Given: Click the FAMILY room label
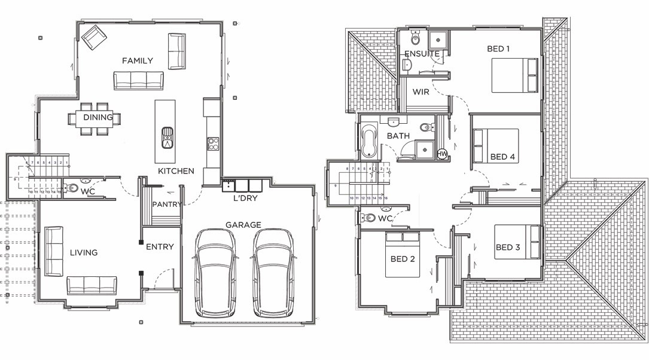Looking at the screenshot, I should pyautogui.click(x=137, y=60).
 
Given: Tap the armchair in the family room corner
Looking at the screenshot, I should pyautogui.click(x=93, y=37).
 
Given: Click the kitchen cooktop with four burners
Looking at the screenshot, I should pyautogui.click(x=212, y=144).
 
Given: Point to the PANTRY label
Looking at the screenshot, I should pyautogui.click(x=166, y=205).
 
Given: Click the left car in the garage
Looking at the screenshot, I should pyautogui.click(x=215, y=273).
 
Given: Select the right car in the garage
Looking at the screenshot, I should pyautogui.click(x=273, y=273).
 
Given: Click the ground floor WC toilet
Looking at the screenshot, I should pyautogui.click(x=71, y=188).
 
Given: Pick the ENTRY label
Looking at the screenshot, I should pyautogui.click(x=160, y=246).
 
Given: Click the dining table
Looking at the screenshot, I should pyautogui.click(x=97, y=118).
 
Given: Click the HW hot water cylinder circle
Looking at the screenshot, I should pyautogui.click(x=443, y=154).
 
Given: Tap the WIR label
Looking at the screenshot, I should pyautogui.click(x=421, y=92).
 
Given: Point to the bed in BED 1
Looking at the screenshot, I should pyautogui.click(x=514, y=75).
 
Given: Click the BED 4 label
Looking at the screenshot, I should pyautogui.click(x=502, y=157).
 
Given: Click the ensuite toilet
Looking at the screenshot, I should pyautogui.click(x=416, y=39).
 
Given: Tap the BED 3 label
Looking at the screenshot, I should pyautogui.click(x=508, y=247).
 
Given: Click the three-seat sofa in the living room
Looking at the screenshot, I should pyautogui.click(x=92, y=285).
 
